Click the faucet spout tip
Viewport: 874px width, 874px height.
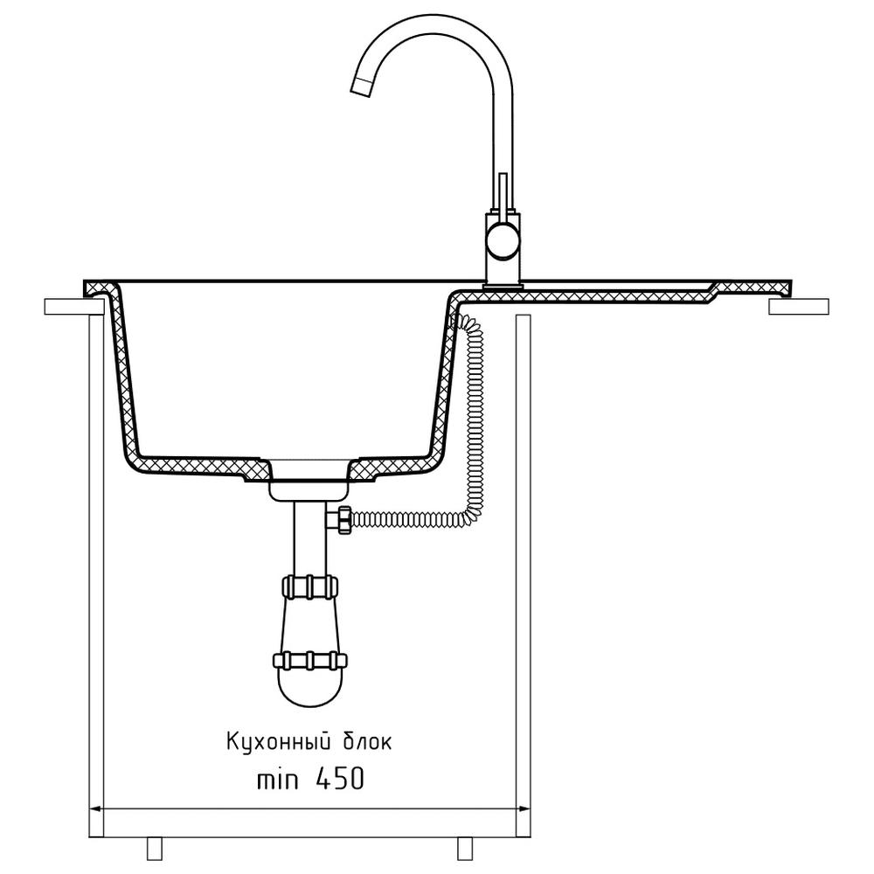tap(361, 87)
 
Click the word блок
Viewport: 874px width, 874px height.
tap(367, 742)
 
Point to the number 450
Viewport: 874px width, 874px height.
tap(340, 778)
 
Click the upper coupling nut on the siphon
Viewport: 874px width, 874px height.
tap(310, 587)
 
